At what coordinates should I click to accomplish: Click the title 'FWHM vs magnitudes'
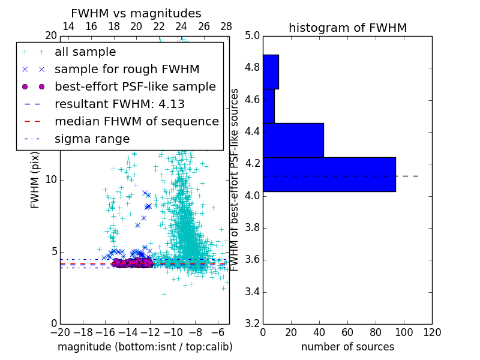tap(136, 13)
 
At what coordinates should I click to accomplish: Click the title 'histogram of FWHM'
tap(347, 28)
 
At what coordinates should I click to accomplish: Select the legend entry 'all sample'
tap(85, 52)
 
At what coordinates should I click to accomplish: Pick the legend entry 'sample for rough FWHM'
tap(119, 69)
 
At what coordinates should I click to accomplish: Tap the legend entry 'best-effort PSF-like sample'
tap(135, 86)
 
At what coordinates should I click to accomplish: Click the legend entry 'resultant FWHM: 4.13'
tap(119, 104)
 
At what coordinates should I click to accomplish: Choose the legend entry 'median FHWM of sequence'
tap(136, 121)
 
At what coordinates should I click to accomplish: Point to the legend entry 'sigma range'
tap(92, 139)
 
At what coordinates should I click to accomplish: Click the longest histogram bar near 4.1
tap(329, 175)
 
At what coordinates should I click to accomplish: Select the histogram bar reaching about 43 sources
tap(293, 140)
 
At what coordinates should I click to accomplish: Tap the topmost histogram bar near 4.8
tap(271, 71)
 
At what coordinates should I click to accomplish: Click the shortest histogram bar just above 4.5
tap(269, 106)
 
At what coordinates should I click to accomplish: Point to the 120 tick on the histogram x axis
tap(432, 331)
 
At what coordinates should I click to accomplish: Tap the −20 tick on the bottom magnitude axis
tap(60, 332)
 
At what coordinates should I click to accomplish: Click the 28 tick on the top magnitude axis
tap(226, 26)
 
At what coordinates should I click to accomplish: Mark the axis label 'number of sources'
tap(347, 347)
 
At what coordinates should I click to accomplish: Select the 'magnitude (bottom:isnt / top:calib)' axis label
tap(145, 347)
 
